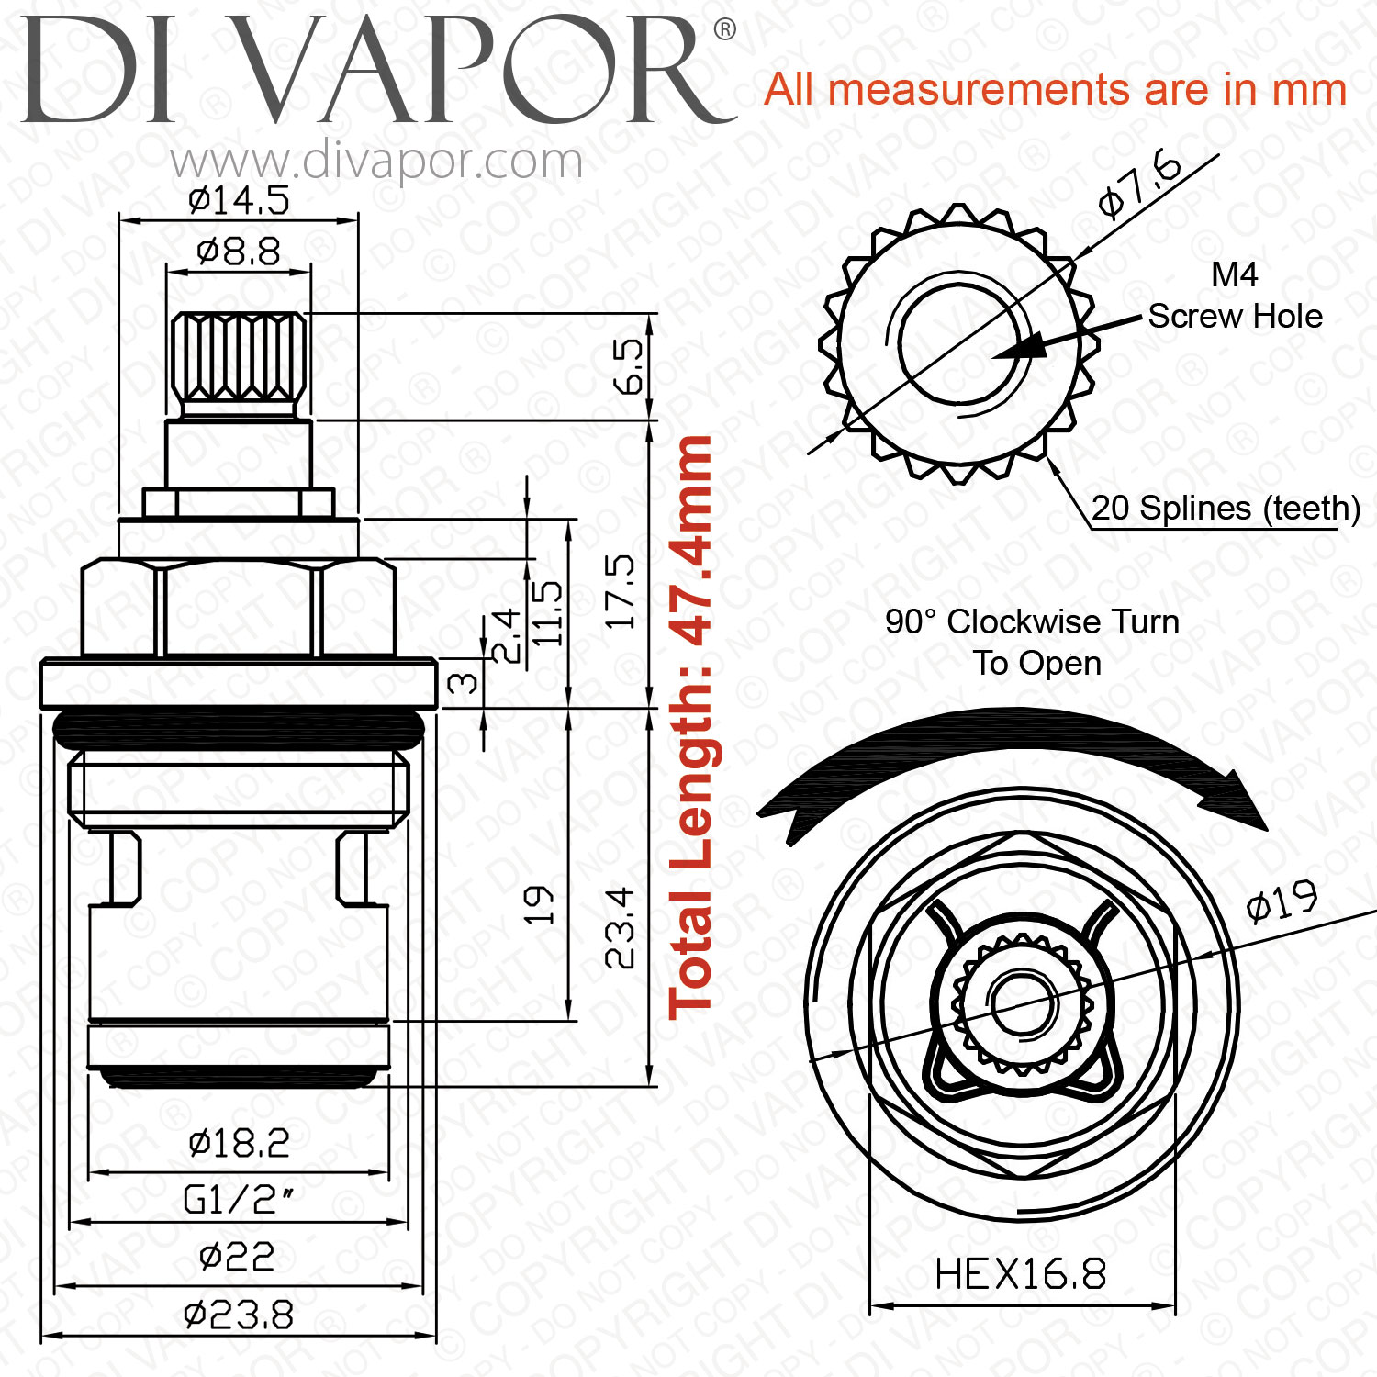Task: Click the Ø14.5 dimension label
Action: [238, 200]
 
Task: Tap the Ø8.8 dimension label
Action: [238, 251]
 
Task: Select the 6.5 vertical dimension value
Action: [631, 365]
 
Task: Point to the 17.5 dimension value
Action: [621, 591]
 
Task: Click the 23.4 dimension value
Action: [621, 927]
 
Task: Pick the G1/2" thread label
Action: [238, 1200]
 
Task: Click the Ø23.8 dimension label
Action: [238, 1315]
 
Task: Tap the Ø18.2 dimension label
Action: [238, 1143]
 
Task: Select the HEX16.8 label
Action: [1020, 1274]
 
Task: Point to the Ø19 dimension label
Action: [1282, 901]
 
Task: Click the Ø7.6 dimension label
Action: [1139, 185]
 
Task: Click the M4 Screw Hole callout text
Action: [1235, 296]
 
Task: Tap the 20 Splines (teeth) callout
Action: [1226, 508]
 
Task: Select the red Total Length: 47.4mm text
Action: [690, 725]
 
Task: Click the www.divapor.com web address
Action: [376, 162]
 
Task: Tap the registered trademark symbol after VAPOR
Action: [724, 30]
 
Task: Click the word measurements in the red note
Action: [980, 90]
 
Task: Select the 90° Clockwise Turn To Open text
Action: [1033, 642]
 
